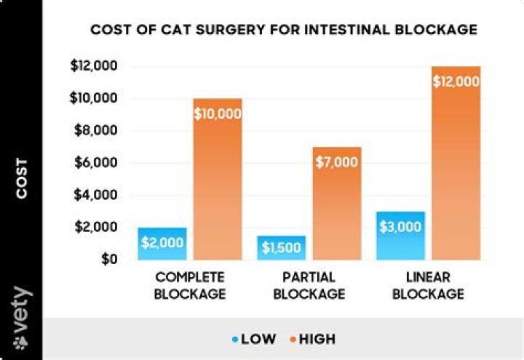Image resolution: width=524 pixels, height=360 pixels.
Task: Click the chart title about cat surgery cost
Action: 283,30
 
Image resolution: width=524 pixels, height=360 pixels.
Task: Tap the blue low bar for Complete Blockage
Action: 162,243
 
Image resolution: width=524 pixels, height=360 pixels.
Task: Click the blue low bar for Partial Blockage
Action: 281,247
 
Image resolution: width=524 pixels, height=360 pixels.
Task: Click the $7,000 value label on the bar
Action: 337,161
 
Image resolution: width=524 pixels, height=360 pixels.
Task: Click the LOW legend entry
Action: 254,339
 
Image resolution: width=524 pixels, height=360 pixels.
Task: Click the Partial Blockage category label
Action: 310,286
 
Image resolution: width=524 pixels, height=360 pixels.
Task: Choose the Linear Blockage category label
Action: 430,286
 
